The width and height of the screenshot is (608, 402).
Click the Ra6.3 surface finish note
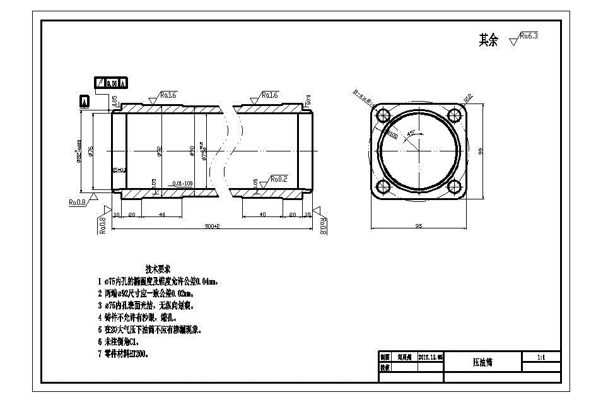[527, 37]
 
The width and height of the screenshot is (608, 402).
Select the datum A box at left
[85, 100]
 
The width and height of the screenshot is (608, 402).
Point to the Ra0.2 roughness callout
[278, 179]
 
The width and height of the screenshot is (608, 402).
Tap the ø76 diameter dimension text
[91, 150]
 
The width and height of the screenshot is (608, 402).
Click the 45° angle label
[411, 133]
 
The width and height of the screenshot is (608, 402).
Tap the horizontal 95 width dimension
[418, 226]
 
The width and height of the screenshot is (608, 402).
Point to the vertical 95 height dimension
[481, 151]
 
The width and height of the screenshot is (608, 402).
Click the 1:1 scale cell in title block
[541, 357]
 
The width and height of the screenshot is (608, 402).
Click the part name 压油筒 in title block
[482, 362]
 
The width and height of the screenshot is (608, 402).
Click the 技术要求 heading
[159, 268]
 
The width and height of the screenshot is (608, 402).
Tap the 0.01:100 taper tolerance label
[182, 184]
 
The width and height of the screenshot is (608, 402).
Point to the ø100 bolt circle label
[392, 134]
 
